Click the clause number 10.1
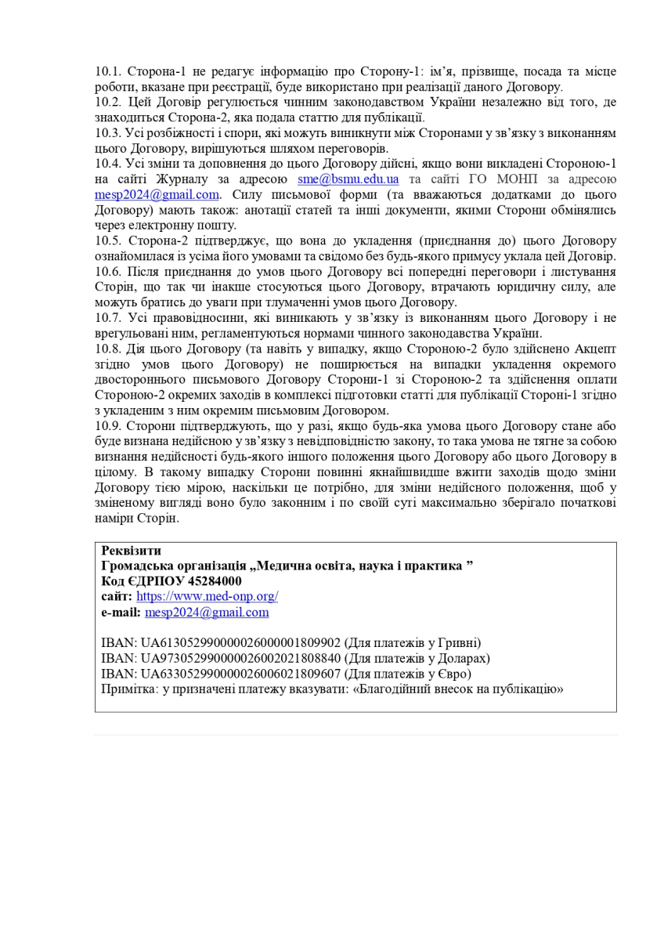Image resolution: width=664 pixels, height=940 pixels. click(107, 71)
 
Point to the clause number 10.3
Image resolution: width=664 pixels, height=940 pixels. click(107, 133)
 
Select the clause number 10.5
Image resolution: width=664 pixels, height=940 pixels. click(107, 240)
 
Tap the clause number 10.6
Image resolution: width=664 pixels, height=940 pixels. click(107, 272)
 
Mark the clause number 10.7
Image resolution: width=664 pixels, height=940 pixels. click(107, 318)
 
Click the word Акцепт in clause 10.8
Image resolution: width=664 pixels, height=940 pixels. click(594, 349)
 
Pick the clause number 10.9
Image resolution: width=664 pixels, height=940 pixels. click(107, 425)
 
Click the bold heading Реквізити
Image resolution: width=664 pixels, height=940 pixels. click(131, 551)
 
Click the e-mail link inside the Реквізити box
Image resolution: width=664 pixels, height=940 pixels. click(206, 612)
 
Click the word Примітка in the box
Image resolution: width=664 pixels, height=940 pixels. click(128, 689)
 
